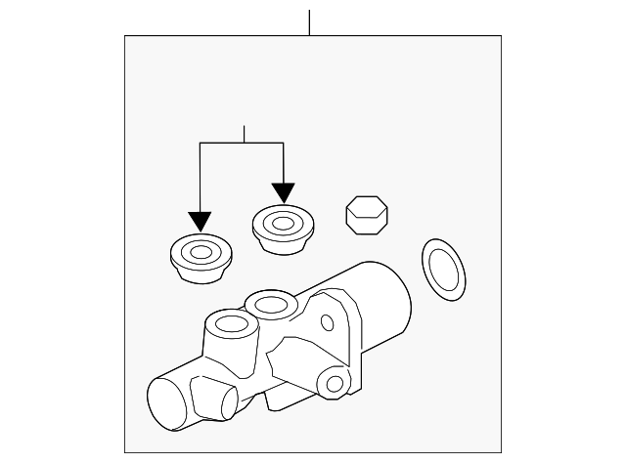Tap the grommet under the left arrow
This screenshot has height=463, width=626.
(x=200, y=258)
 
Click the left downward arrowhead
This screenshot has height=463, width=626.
(x=200, y=223)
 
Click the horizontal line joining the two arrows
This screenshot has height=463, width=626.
(x=242, y=144)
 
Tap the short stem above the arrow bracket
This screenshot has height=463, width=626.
(x=243, y=135)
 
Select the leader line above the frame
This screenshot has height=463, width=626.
(x=309, y=22)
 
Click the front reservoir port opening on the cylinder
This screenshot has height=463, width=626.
(x=231, y=324)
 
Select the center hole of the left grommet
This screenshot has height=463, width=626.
(x=200, y=253)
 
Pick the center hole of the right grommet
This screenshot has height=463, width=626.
(x=283, y=224)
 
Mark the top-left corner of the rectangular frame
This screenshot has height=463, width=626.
(x=125, y=37)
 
